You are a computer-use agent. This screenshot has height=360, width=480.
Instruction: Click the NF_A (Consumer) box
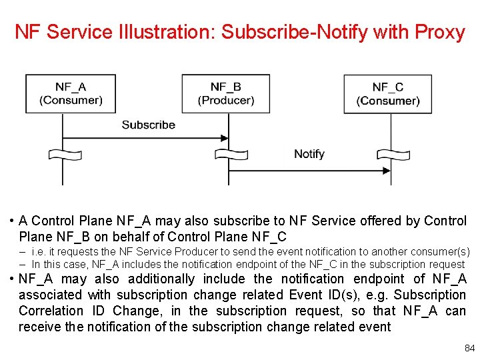click(x=71, y=93)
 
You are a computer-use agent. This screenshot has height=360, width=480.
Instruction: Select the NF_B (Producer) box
click(x=226, y=93)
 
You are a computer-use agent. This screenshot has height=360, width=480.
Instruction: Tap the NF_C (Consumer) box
click(x=388, y=93)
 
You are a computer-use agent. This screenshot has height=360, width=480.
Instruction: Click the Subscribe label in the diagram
click(x=148, y=125)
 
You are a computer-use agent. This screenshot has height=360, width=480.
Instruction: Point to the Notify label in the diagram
click(x=309, y=154)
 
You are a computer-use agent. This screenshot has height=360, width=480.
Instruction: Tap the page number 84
click(x=469, y=349)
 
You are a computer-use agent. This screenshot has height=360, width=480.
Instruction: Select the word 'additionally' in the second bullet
click(x=162, y=279)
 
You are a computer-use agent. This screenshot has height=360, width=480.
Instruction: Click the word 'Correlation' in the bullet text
click(x=61, y=311)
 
